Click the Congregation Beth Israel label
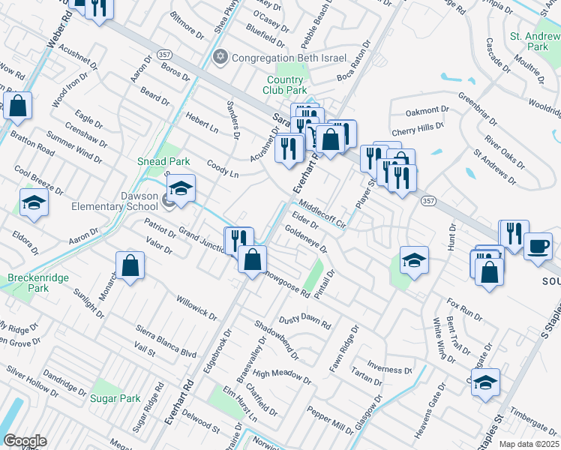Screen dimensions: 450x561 tap(289, 58)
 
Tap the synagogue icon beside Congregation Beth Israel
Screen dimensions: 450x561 tap(220, 57)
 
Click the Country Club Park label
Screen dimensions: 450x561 tap(286, 85)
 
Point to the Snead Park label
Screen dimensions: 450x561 tap(163, 161)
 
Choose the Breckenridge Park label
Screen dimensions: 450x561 tap(38, 283)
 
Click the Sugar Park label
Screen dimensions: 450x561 tap(115, 398)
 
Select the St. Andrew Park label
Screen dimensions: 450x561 tap(535, 41)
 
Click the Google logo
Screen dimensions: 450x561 tap(25, 441)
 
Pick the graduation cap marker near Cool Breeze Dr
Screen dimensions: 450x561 tap(34, 202)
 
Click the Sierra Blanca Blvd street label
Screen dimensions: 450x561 tap(166, 341)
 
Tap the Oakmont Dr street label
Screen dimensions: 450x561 tap(427, 111)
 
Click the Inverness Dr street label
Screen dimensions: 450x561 tap(390, 369)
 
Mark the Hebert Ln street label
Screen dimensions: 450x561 tap(202, 124)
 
